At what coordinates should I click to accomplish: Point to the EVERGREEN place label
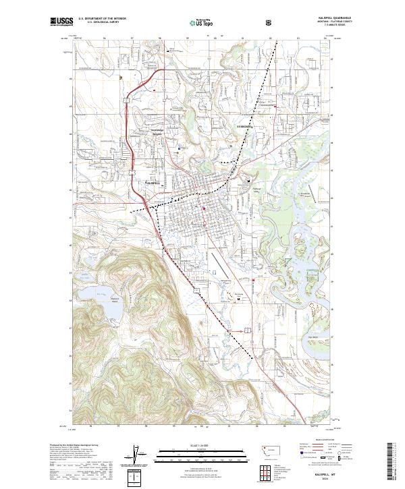(x=243, y=127)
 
